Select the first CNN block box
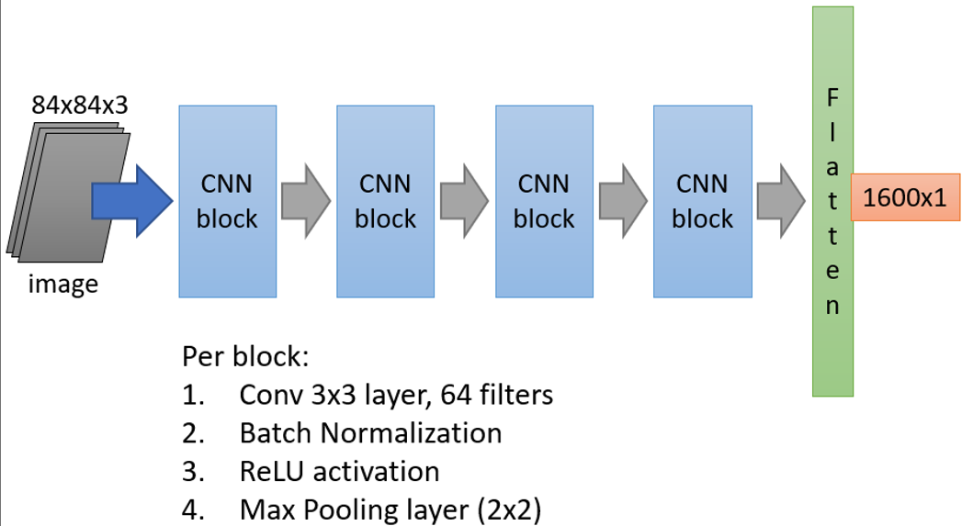coord(227,201)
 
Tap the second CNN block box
coord(385,201)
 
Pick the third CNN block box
coord(544,201)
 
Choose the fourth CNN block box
coord(702,201)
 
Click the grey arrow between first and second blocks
coord(306,201)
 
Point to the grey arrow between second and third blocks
coord(464,201)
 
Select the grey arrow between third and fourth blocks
coord(623,201)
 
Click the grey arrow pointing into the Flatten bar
coord(781,201)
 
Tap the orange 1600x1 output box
coord(904,196)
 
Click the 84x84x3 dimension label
coord(79,105)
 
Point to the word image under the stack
coord(62,285)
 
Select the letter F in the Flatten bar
coord(832,96)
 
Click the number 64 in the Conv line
coord(456,395)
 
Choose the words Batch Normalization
coord(370,432)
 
